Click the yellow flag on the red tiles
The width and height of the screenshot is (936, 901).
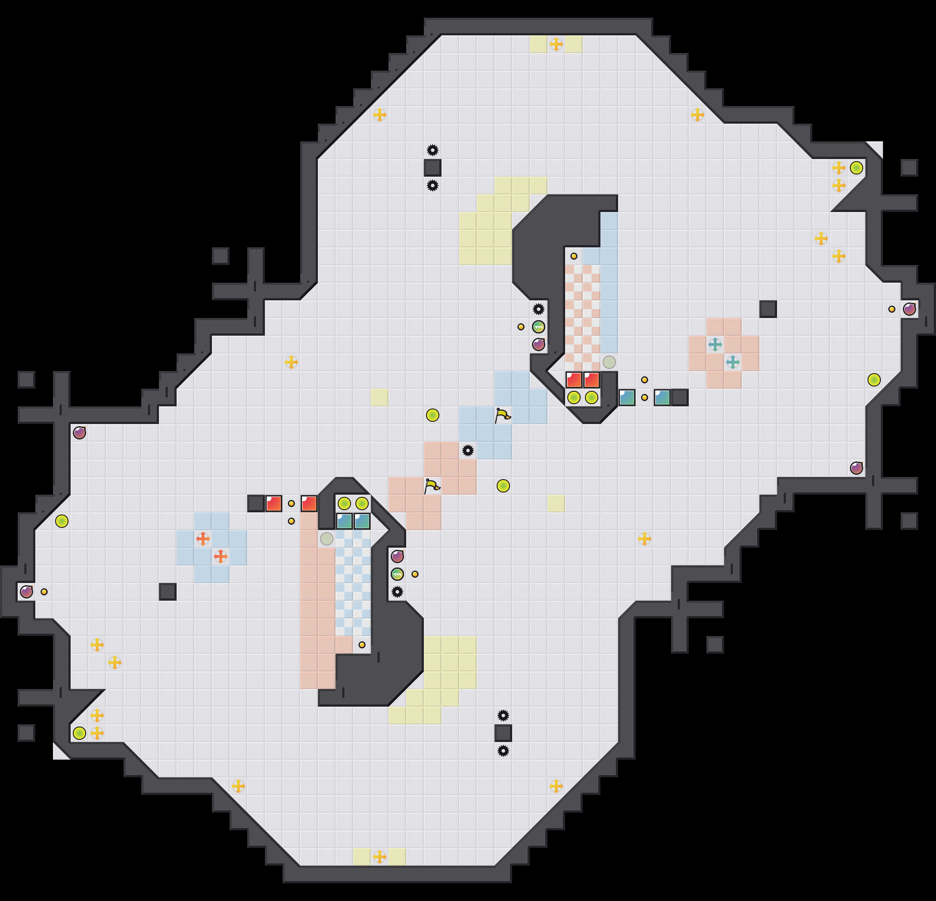(432, 485)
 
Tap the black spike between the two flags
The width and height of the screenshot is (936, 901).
(468, 450)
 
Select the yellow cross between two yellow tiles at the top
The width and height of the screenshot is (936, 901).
(556, 44)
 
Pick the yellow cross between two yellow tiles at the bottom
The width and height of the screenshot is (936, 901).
(379, 856)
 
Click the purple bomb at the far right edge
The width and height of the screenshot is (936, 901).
(909, 309)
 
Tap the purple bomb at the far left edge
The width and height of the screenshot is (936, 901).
(26, 592)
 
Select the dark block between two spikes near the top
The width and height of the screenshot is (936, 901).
(432, 168)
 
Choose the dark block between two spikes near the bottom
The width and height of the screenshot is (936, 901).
(503, 733)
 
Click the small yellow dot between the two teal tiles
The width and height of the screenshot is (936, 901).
(644, 397)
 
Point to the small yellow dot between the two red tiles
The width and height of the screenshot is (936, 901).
(291, 503)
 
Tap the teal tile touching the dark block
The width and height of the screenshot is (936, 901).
(662, 397)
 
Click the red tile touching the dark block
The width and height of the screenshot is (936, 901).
(274, 503)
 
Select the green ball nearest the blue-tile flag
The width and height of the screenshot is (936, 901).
(432, 415)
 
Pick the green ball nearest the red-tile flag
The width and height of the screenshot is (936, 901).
(503, 486)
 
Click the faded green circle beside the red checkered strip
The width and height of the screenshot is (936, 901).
(609, 362)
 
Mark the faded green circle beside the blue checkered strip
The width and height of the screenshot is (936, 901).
(326, 539)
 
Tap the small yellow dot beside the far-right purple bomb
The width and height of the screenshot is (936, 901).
(891, 309)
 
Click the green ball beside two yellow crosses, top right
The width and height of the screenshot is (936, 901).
(856, 168)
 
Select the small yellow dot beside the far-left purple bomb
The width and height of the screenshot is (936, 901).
(44, 592)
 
